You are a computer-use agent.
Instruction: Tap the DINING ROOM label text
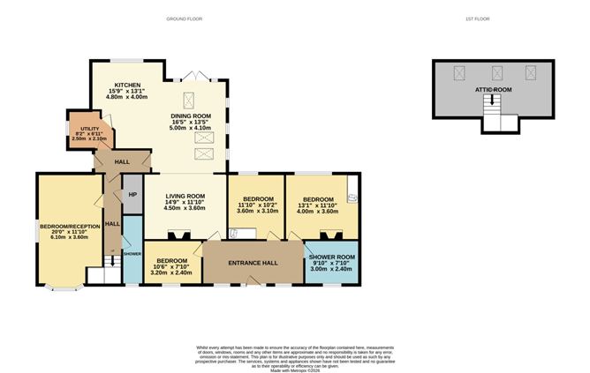(x=191, y=116)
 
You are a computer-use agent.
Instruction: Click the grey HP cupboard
(x=132, y=195)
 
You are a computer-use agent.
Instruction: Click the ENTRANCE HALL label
(x=253, y=263)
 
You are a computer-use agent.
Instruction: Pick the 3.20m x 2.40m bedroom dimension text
(x=172, y=272)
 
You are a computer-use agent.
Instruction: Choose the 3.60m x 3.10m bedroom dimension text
(x=257, y=211)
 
